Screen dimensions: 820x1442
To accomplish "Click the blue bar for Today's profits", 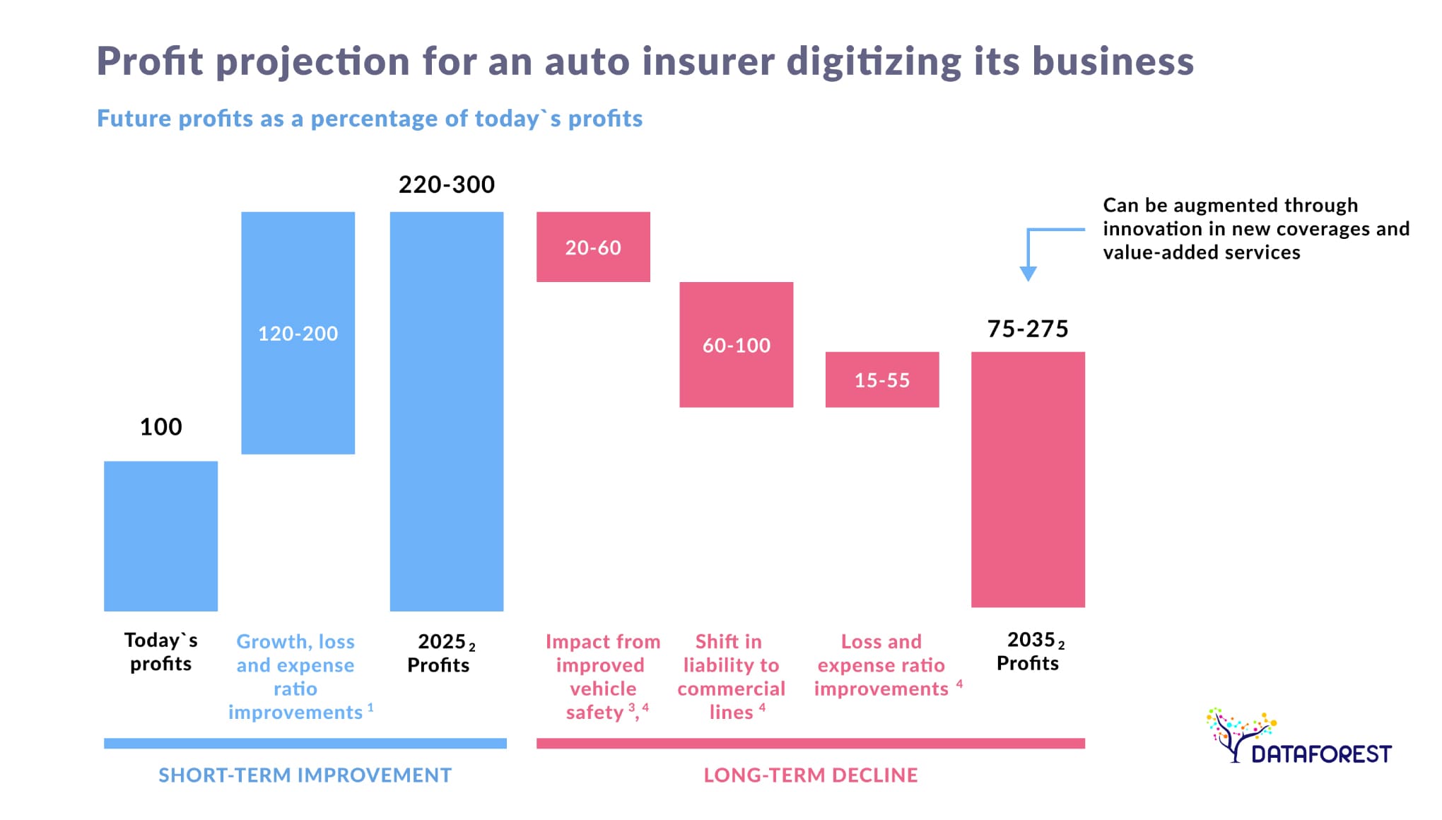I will coord(160,536).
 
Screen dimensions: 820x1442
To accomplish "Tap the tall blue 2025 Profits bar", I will coord(446,411).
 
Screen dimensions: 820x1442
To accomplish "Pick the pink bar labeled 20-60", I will coord(592,247).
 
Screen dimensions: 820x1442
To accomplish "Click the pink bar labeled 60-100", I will coord(736,344).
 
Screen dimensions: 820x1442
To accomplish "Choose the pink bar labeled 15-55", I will coord(881,380).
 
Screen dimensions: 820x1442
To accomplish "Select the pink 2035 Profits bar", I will coord(1027,479).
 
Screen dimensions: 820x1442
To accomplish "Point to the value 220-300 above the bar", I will coord(446,184).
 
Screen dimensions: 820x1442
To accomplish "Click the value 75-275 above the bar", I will coord(1027,329).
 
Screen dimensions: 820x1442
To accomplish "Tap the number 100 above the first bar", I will coord(160,427).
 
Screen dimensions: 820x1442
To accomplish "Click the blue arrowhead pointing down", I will coord(1028,274).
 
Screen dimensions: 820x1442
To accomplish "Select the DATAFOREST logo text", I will coord(1320,754).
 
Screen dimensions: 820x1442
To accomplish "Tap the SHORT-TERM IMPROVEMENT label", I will coord(305,775).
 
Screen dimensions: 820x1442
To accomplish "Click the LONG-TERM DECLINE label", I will coord(810,775).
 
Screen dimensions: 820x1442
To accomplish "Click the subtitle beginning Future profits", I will coord(369,118).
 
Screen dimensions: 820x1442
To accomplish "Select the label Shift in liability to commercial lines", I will coord(731,676).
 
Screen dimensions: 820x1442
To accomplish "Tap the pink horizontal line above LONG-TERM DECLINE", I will coord(810,743).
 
